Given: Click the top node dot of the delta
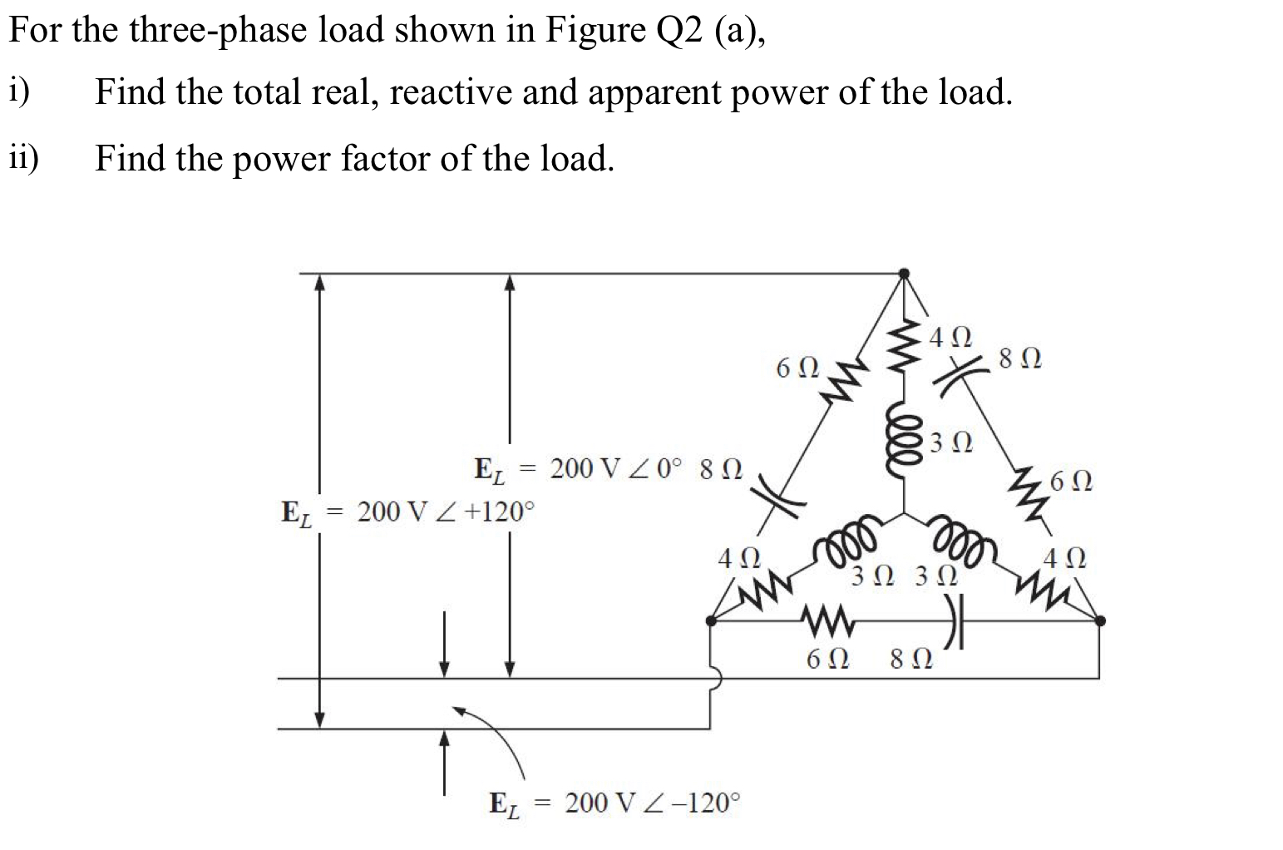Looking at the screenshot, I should (x=905, y=273).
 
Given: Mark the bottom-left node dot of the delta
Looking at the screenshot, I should (x=710, y=620).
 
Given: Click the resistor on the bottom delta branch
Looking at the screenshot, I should (x=825, y=620).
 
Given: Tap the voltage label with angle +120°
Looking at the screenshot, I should (x=407, y=511).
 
